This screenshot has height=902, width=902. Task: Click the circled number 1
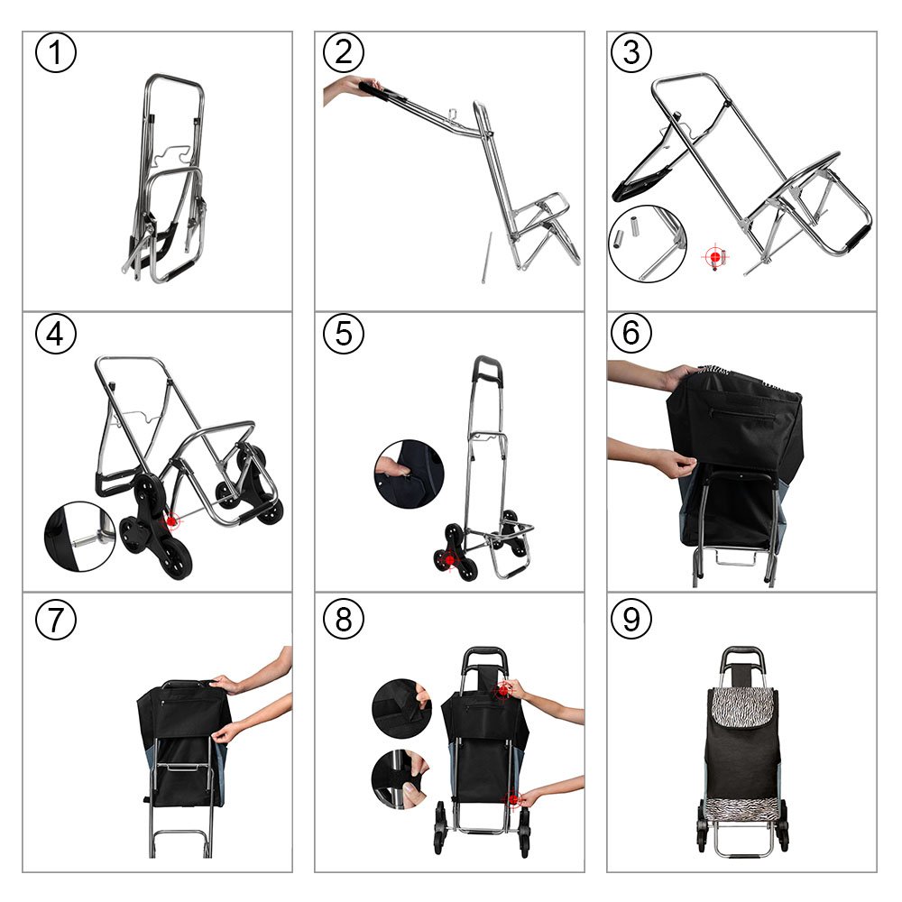[x=56, y=52]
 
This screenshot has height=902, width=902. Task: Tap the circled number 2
[x=344, y=52]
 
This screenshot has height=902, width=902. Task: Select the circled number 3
[x=631, y=52]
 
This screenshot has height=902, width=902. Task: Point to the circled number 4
[x=56, y=334]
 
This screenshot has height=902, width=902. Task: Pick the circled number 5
[x=344, y=334]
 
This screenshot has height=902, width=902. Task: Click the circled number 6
[x=631, y=333]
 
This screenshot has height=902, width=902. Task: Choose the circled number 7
[x=56, y=620]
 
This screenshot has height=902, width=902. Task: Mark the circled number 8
[x=344, y=620]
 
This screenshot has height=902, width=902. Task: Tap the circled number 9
[x=631, y=620]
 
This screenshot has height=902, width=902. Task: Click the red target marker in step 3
[x=715, y=256]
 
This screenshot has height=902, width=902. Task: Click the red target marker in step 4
[x=170, y=521]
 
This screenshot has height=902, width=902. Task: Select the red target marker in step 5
[x=449, y=560]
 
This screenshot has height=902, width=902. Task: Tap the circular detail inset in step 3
[x=647, y=244]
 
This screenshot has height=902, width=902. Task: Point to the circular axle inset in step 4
[x=80, y=537]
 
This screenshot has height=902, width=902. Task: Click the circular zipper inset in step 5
[x=409, y=474]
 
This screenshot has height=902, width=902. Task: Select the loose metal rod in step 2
[x=487, y=258]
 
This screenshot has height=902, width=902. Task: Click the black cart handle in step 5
[x=488, y=370]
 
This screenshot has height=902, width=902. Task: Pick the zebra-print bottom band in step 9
[x=742, y=810]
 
